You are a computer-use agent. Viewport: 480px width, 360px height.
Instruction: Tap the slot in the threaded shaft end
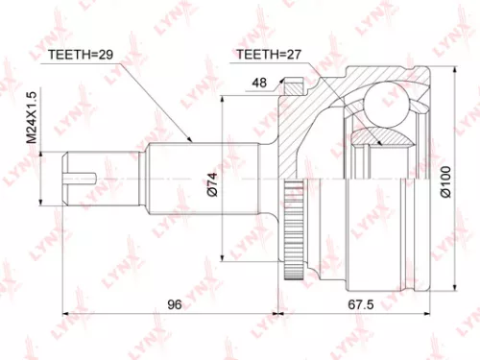(84, 177)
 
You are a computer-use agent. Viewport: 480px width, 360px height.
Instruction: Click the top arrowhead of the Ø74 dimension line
(222, 100)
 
